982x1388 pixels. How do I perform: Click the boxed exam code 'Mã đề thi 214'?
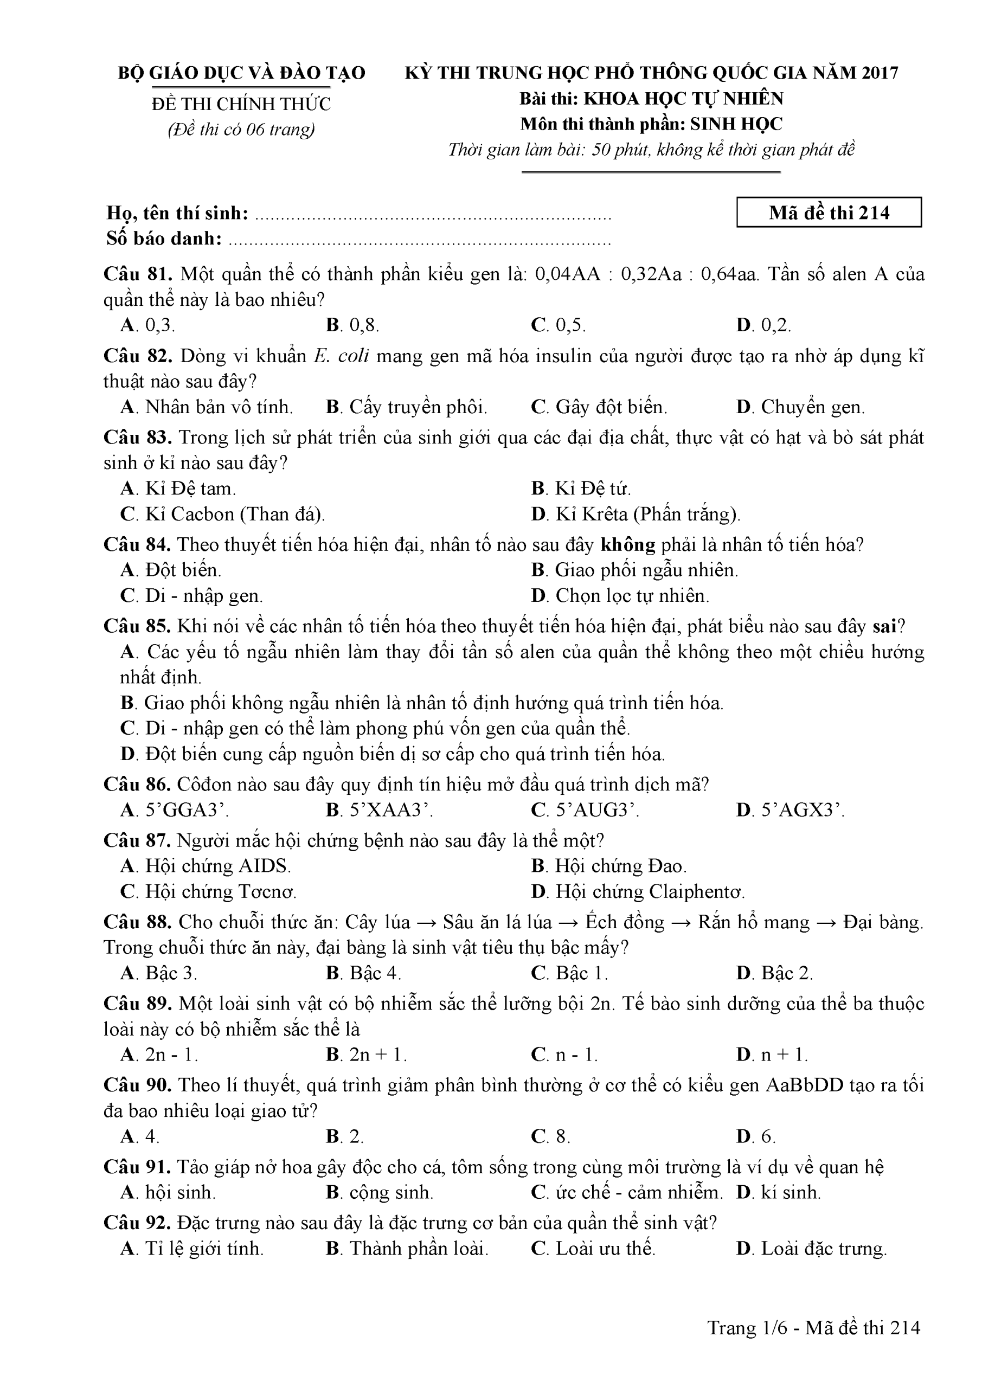coord(829,212)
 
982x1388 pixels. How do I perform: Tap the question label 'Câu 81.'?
coord(138,274)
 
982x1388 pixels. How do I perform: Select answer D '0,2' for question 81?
coord(763,325)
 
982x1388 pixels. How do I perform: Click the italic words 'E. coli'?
coord(341,356)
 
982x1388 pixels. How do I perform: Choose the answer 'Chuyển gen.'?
coord(800,407)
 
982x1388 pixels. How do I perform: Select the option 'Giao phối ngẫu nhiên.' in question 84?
coord(634,570)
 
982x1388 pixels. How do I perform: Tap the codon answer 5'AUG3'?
coord(585,809)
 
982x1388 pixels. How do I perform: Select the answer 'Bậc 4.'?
coord(363,973)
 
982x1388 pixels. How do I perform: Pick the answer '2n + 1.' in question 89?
coord(367,1055)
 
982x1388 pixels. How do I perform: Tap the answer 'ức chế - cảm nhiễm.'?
coord(627,1192)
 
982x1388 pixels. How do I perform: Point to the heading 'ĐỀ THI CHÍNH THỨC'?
coord(241,105)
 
